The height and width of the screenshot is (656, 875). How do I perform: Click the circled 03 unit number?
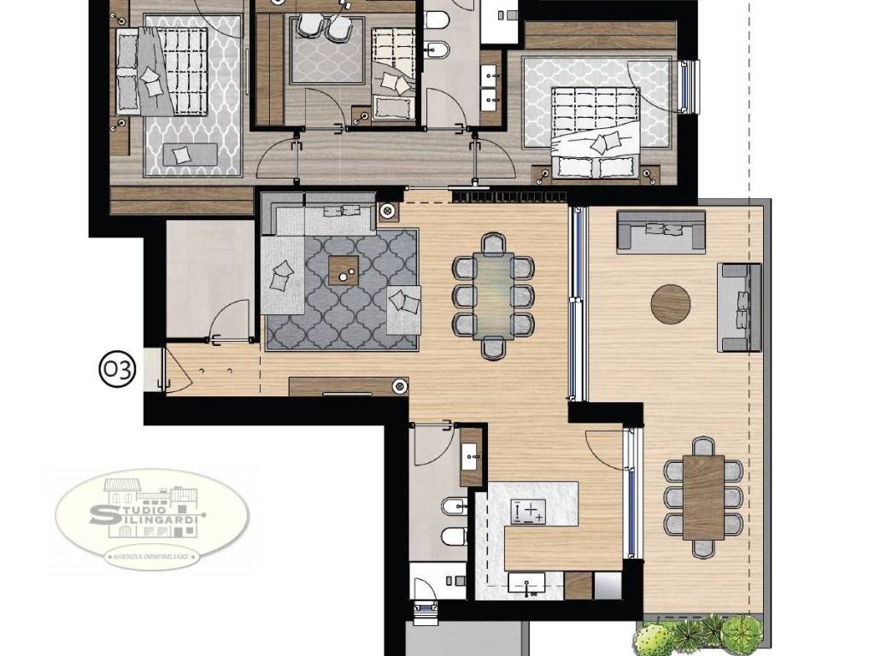pyautogui.click(x=117, y=369)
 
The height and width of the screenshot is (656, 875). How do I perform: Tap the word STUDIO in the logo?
pyautogui.click(x=144, y=510)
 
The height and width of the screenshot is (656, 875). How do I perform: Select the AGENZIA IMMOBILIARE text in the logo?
pyautogui.click(x=152, y=557)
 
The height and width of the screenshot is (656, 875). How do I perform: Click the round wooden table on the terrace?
pyautogui.click(x=670, y=304)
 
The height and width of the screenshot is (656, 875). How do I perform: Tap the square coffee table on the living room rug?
pyautogui.click(x=344, y=270)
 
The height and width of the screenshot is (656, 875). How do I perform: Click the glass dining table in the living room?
pyautogui.click(x=493, y=296)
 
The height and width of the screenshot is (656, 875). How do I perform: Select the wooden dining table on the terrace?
pyautogui.click(x=703, y=498)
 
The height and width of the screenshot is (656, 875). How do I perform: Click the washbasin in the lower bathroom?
pyautogui.click(x=471, y=457)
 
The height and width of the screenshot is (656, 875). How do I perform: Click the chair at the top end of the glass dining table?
pyautogui.click(x=493, y=243)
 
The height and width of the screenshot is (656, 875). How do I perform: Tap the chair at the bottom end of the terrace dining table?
pyautogui.click(x=703, y=548)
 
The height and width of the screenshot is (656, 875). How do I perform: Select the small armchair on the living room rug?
pyautogui.click(x=403, y=310)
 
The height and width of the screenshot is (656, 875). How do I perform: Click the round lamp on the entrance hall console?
pyautogui.click(x=399, y=386)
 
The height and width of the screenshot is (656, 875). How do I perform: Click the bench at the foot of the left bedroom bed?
pyautogui.click(x=191, y=155)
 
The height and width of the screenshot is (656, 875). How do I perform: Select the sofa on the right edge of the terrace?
pyautogui.click(x=739, y=307)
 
